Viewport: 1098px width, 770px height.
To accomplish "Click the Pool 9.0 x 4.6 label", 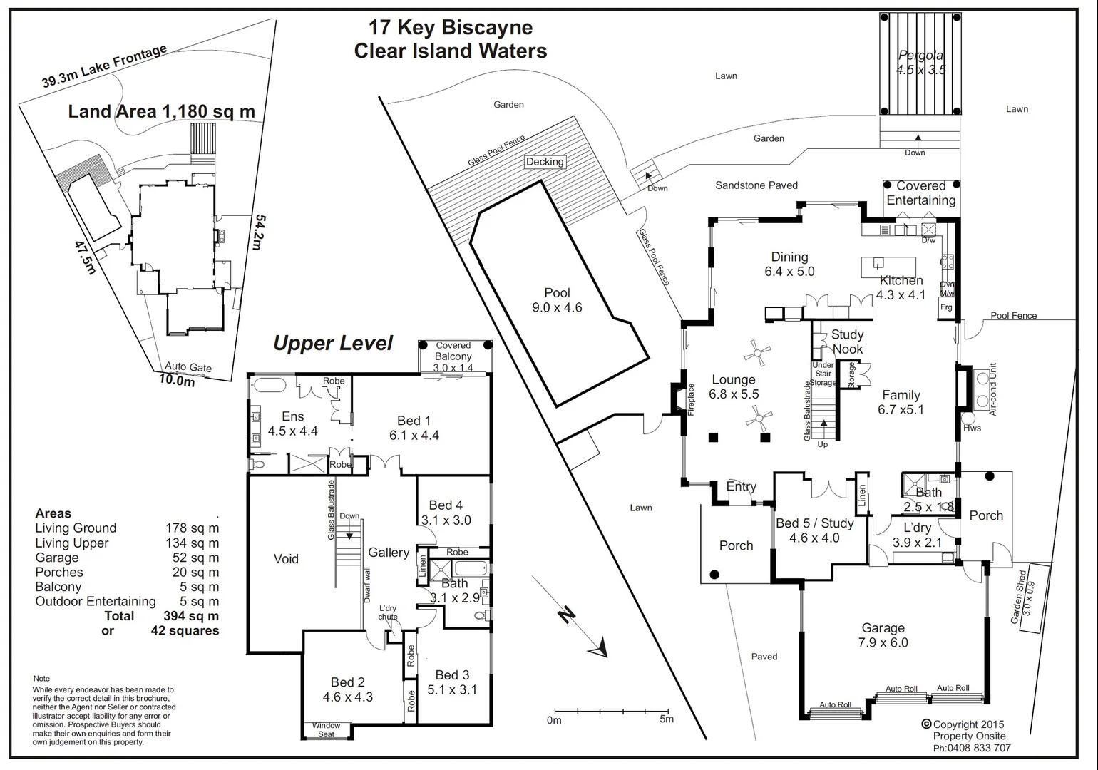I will click(x=557, y=300).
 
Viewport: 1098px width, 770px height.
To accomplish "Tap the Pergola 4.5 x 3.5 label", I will click(x=920, y=63).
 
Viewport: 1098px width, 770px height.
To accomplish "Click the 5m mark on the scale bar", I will click(x=666, y=719).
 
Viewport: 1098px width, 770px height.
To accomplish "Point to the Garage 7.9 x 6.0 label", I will click(x=883, y=635).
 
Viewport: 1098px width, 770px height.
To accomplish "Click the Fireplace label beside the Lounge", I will click(x=690, y=400).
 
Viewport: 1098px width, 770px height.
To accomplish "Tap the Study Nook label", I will click(x=847, y=342).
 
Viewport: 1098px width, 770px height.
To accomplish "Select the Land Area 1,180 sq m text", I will click(x=161, y=111).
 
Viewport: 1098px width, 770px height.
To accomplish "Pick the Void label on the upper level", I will click(x=286, y=559).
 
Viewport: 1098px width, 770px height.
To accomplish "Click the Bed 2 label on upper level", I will click(x=347, y=689).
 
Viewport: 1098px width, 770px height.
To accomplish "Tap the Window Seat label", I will click(x=326, y=730).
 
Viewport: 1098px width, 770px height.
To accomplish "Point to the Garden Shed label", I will click(x=1022, y=596).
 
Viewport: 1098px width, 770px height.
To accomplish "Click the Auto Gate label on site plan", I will click(x=188, y=367).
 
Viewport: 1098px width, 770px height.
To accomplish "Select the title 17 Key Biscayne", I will click(x=450, y=28).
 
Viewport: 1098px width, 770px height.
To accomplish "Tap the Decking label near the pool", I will click(x=545, y=162).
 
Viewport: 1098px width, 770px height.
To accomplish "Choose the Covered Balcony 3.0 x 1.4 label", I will click(x=453, y=356).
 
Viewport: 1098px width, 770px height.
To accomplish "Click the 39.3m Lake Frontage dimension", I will click(x=104, y=66).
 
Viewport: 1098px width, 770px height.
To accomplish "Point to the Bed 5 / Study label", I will click(x=814, y=530).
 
